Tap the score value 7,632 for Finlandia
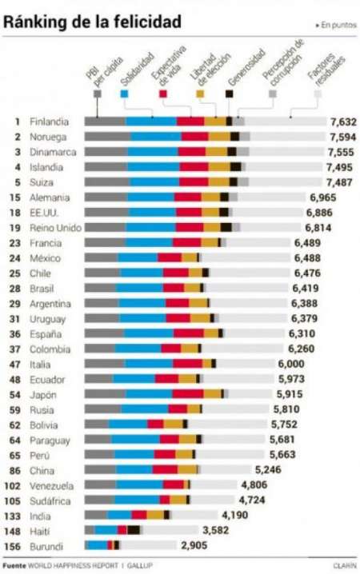click(x=341, y=122)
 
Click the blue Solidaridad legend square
click(x=123, y=94)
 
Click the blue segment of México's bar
click(x=138, y=258)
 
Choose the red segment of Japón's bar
click(x=188, y=394)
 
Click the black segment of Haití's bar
click(x=134, y=529)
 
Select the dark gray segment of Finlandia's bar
click(x=105, y=122)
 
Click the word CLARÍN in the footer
click(x=344, y=565)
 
